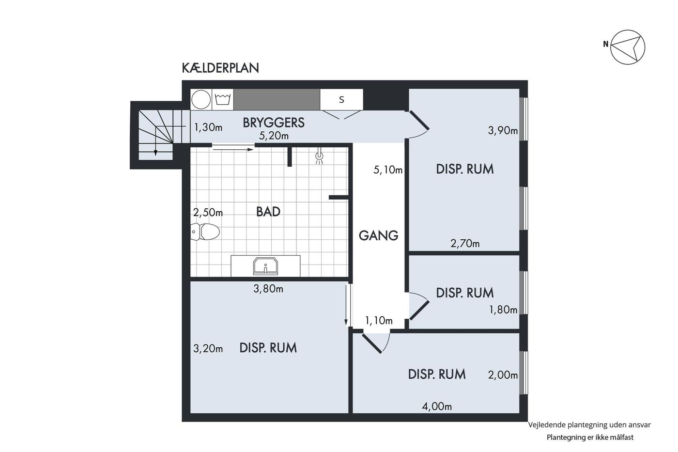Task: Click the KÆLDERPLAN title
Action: click(220, 68)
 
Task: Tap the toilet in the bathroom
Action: click(205, 232)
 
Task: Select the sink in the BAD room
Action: click(265, 266)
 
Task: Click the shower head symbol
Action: click(319, 157)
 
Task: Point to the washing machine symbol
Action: click(223, 99)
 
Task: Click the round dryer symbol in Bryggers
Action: click(201, 99)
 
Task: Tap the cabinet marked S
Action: click(341, 99)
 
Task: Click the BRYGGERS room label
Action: click(274, 123)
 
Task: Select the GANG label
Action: click(378, 235)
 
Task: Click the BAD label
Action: click(268, 212)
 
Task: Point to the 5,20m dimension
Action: click(274, 136)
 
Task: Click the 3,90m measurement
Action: click(503, 130)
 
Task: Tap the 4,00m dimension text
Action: click(437, 406)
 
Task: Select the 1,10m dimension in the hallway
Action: click(379, 320)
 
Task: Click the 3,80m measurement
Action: click(268, 289)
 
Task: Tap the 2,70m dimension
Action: click(465, 243)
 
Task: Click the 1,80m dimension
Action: click(503, 310)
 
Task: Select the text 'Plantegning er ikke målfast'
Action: click(590, 437)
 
